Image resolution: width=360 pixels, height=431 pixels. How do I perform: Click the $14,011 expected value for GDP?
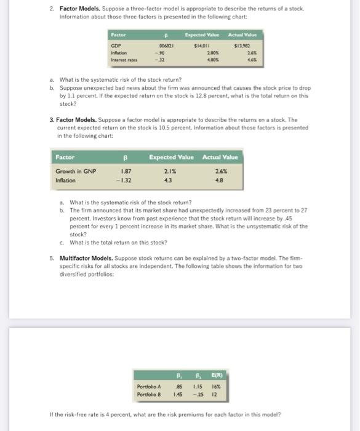click(x=202, y=46)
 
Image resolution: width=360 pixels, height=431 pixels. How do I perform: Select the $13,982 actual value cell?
click(x=241, y=46)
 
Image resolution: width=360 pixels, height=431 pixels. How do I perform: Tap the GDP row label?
click(x=116, y=46)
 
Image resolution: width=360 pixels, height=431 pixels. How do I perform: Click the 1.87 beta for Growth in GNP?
click(x=125, y=171)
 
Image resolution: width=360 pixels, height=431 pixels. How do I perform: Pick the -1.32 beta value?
click(x=125, y=180)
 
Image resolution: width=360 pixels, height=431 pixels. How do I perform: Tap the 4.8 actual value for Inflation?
click(x=218, y=180)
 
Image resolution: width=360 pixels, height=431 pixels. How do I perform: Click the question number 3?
click(x=52, y=120)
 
